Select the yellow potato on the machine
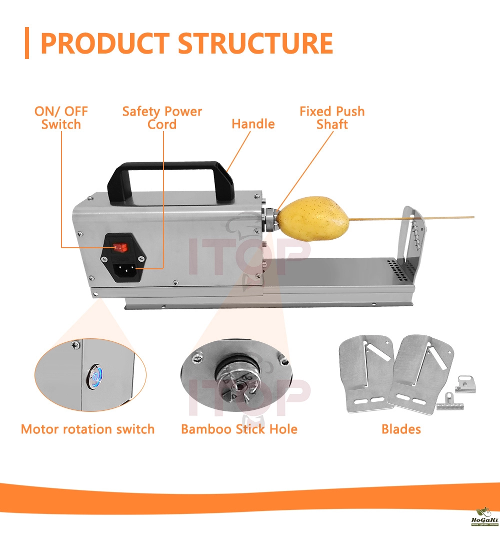312,218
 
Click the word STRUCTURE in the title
255,44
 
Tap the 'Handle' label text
253,124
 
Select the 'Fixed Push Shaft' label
332,118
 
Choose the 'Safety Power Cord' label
162,118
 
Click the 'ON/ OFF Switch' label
61,118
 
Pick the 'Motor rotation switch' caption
87,429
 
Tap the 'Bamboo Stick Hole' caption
239,429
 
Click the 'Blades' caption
401,429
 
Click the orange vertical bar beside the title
26,44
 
